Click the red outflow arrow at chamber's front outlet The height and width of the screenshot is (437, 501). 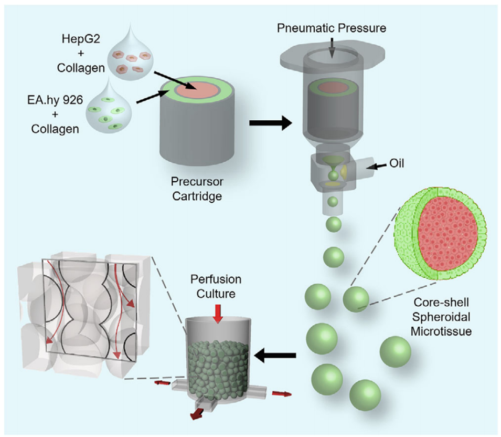pyautogui.click(x=197, y=413)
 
